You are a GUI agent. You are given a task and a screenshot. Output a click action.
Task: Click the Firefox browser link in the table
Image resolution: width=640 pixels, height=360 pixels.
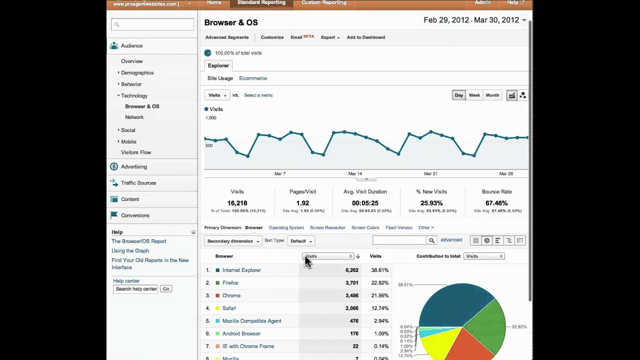(230, 283)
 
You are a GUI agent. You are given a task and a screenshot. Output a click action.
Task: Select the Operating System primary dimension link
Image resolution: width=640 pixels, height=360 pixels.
(286, 228)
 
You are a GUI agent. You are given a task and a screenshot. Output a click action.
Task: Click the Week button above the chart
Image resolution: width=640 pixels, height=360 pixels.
(474, 95)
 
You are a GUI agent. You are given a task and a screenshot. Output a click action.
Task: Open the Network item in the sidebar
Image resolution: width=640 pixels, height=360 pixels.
(134, 117)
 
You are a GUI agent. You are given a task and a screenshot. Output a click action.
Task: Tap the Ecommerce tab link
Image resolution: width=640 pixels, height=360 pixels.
(253, 78)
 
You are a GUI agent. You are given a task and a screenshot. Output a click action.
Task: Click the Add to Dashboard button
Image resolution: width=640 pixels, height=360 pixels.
(365, 37)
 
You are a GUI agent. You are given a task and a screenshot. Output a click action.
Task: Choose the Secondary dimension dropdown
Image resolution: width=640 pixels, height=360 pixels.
(233, 241)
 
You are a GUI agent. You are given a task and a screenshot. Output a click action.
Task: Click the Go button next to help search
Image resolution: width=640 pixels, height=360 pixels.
(165, 289)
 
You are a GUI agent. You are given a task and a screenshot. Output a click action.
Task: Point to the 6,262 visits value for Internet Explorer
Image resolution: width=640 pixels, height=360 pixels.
(351, 270)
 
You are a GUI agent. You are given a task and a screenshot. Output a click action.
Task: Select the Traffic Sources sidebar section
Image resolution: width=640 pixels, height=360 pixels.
(138, 183)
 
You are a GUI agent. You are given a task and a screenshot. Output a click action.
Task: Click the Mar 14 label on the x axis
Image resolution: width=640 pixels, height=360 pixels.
(355, 174)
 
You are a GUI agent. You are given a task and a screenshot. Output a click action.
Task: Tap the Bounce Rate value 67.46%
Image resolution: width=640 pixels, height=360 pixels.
(496, 203)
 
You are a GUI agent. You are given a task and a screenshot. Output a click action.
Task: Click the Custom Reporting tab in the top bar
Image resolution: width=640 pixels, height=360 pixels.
(323, 3)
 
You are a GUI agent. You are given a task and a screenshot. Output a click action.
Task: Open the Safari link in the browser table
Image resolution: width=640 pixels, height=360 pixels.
(229, 308)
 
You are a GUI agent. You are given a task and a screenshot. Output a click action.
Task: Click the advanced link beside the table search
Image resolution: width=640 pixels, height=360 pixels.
(451, 240)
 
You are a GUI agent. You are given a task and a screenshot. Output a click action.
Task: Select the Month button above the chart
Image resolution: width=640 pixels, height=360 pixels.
(492, 95)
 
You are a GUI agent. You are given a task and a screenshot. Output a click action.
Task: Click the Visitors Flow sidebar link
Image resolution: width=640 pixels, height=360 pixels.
(135, 152)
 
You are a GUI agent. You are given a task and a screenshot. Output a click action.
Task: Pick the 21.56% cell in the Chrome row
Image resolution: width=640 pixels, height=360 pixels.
(379, 296)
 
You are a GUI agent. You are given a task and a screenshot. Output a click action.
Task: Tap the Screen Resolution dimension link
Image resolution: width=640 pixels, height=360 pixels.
(327, 228)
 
